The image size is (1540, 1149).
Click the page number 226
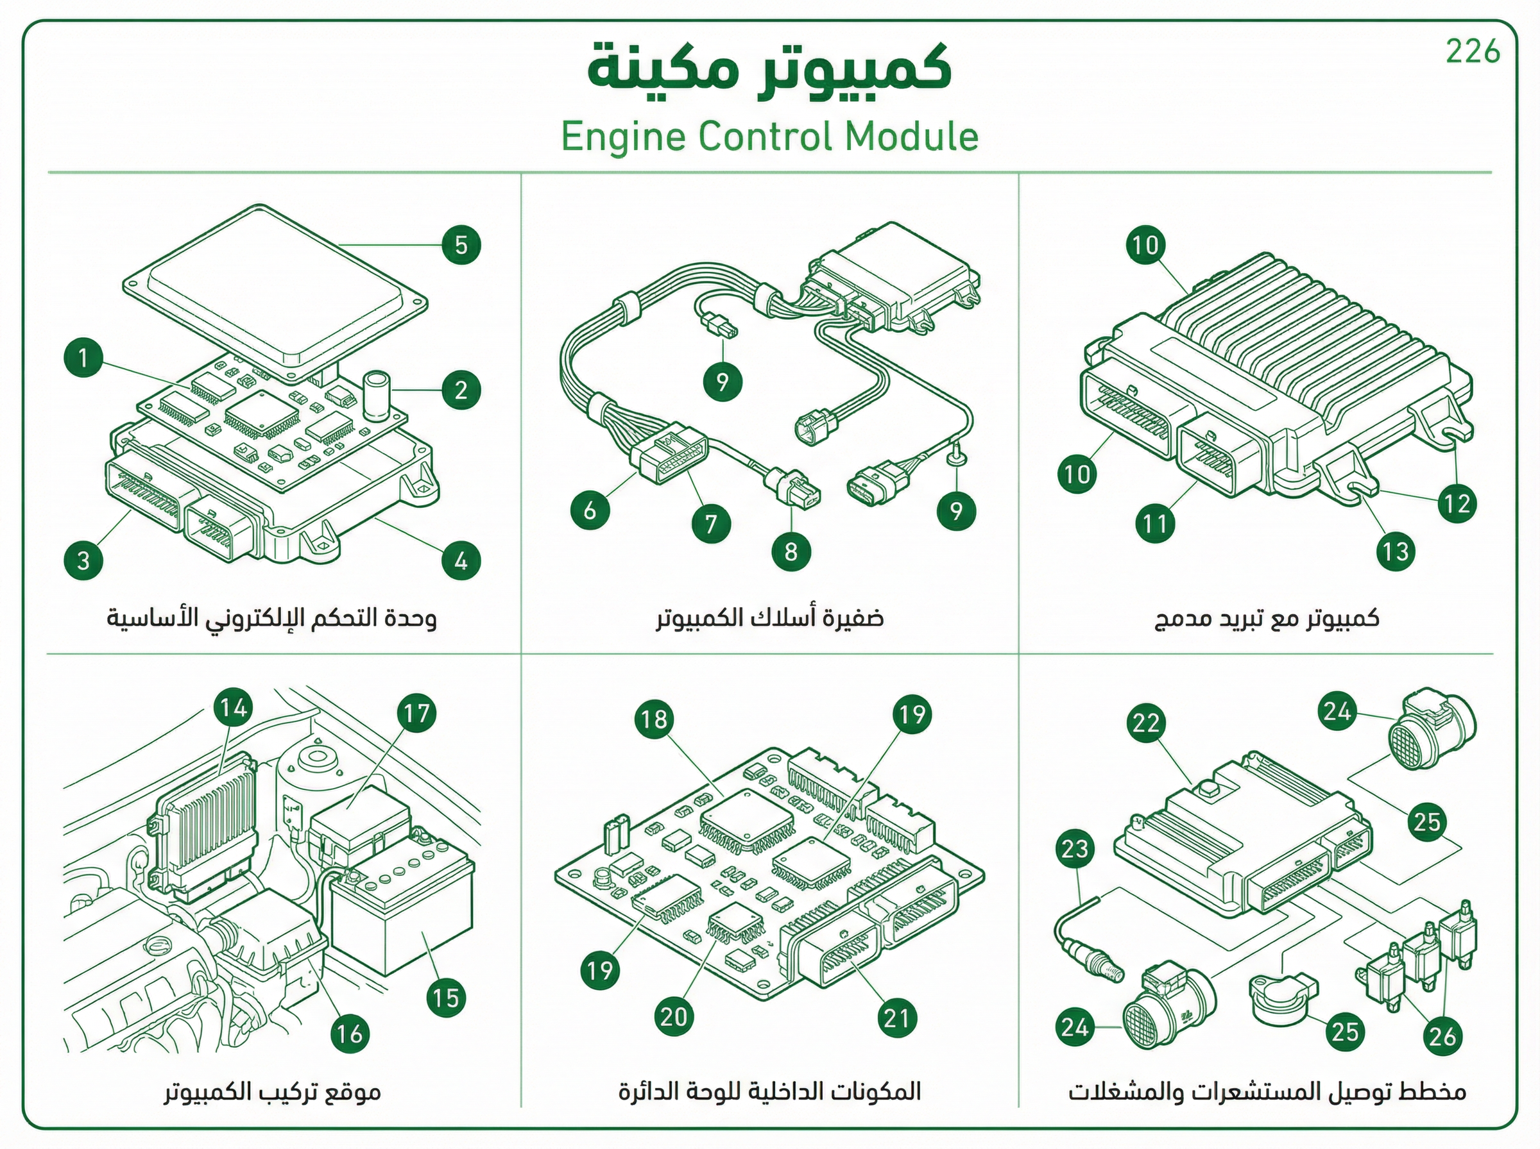1473,52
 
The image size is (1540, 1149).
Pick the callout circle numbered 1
83,358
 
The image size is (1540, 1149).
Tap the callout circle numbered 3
83,560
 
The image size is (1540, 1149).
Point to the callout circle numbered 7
710,523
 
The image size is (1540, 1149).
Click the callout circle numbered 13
1395,551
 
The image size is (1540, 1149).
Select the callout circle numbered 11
1155,523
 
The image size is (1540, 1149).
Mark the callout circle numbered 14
234,708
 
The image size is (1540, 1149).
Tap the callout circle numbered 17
417,713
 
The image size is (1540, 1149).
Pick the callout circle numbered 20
674,1018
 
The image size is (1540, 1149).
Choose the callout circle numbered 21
896,1019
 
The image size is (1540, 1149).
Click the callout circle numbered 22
1145,723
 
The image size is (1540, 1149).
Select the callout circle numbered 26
1442,1036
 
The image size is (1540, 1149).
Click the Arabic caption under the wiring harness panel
769,617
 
